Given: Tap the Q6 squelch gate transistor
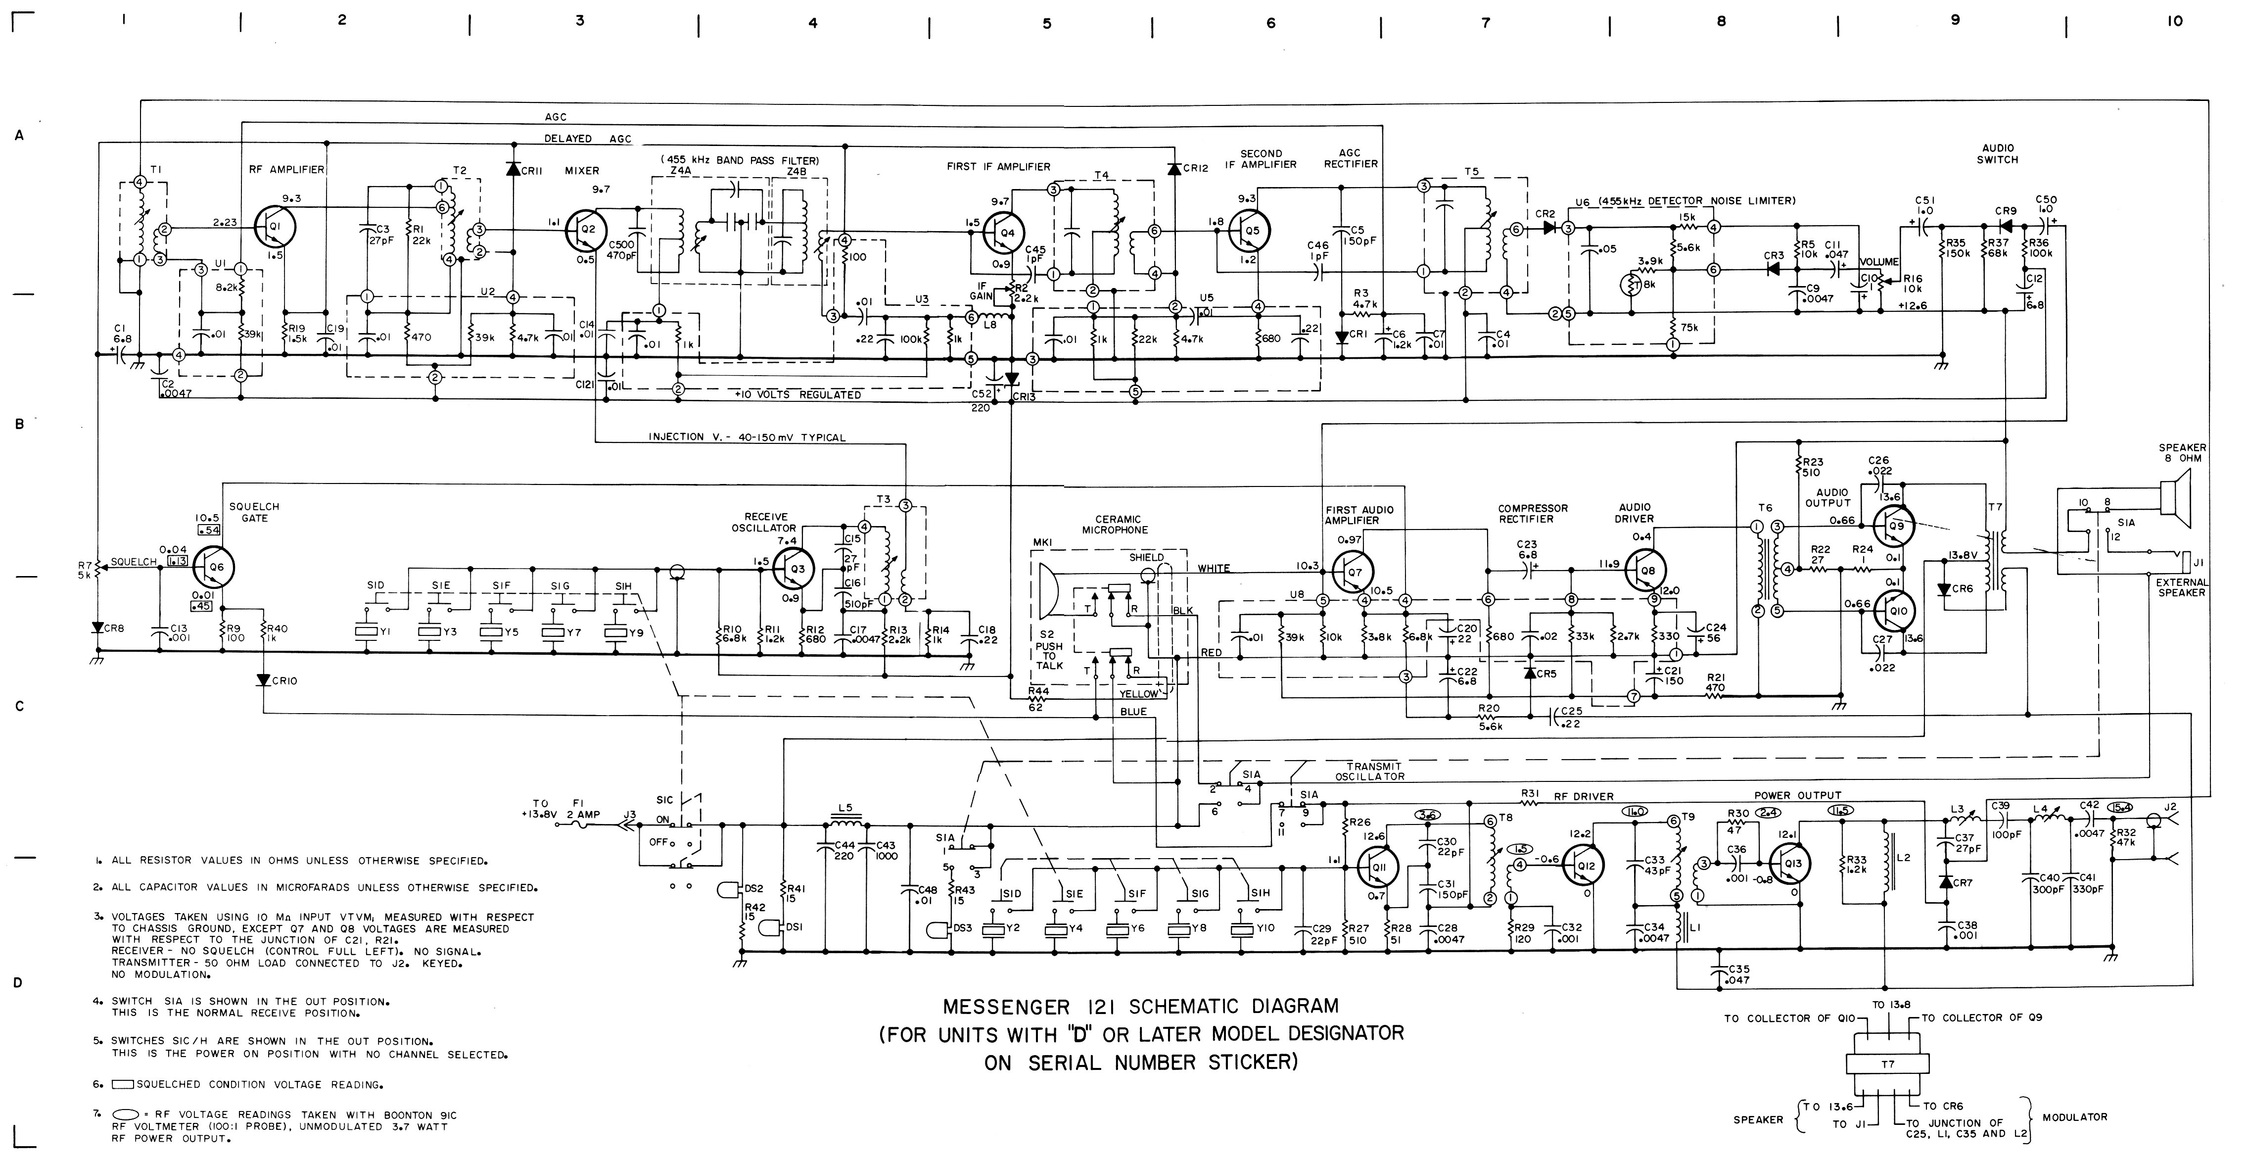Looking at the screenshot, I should click(x=214, y=568).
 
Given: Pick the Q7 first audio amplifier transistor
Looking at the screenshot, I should click(x=1353, y=571).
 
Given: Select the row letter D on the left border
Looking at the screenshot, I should click(x=17, y=983).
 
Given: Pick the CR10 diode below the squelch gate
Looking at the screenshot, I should click(x=263, y=679).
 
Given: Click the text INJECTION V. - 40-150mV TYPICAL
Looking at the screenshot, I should click(x=747, y=437).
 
